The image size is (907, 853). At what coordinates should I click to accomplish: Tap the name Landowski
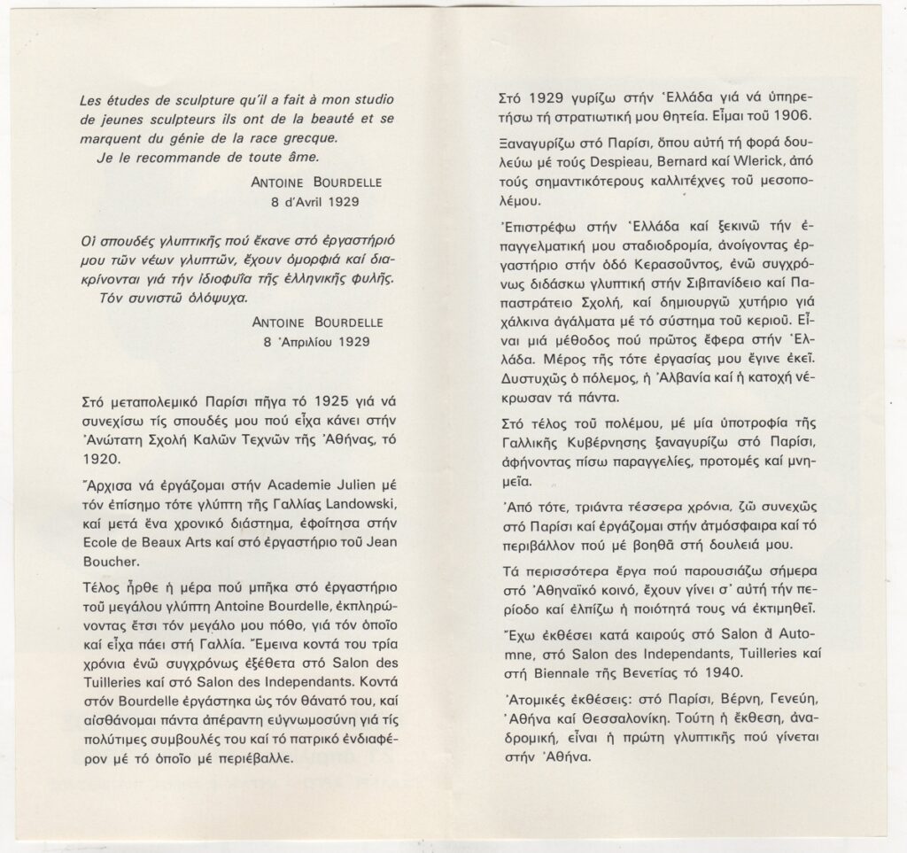click(360, 505)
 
